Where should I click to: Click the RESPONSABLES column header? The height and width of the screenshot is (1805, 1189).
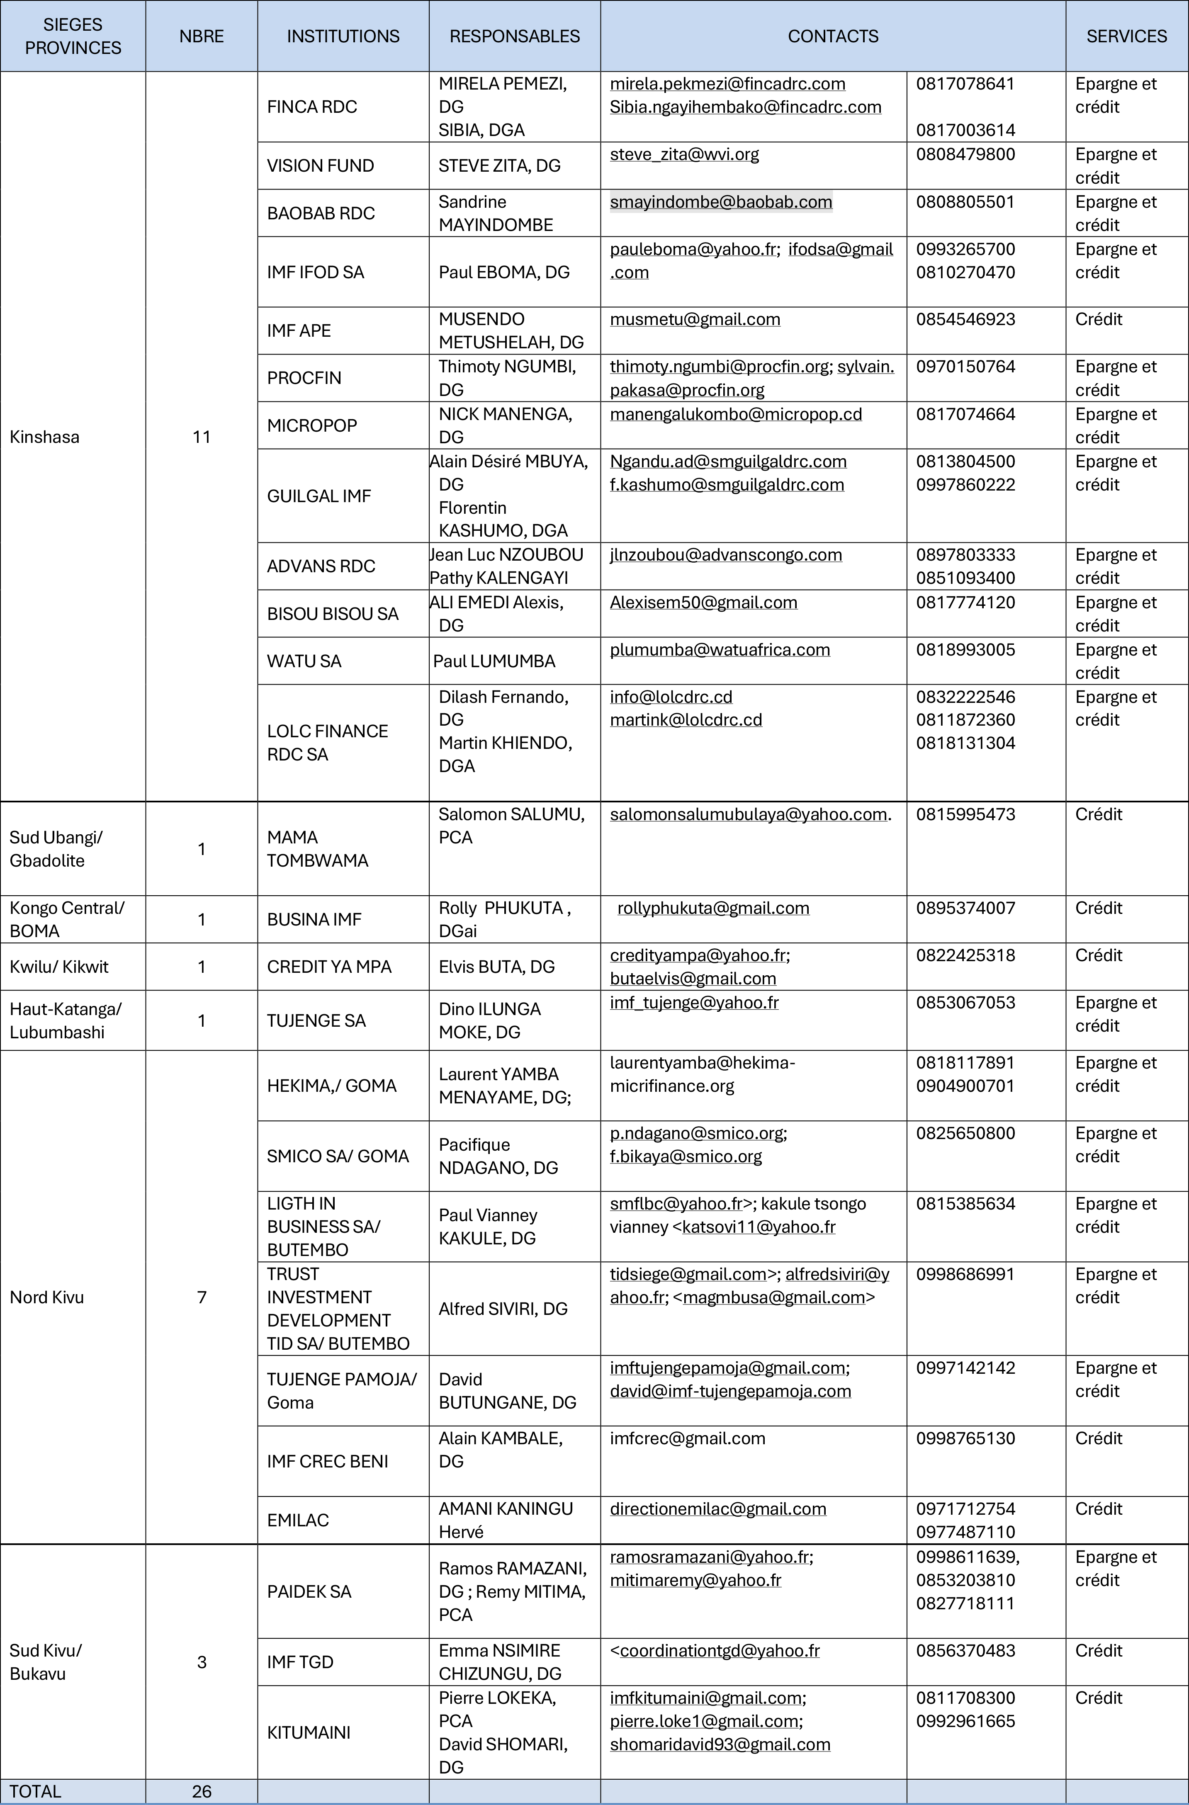click(x=514, y=36)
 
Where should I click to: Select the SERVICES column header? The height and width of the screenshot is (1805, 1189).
click(x=1126, y=36)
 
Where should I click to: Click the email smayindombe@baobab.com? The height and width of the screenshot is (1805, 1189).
click(x=720, y=202)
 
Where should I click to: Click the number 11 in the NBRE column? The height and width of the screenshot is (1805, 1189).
click(x=202, y=437)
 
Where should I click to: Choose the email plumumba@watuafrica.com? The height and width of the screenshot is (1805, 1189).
click(x=720, y=650)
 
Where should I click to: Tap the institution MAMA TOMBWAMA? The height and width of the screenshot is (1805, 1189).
click(x=317, y=849)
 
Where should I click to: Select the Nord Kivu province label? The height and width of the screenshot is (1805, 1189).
click(x=46, y=1297)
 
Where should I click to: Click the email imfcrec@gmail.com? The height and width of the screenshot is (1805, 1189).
click(x=687, y=1439)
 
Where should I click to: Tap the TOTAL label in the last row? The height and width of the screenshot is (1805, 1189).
click(x=35, y=1791)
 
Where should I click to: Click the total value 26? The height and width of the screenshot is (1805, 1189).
click(x=202, y=1791)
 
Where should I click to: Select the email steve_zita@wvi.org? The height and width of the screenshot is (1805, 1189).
click(x=684, y=155)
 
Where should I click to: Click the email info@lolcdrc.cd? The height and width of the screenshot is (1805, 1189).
click(x=670, y=697)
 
